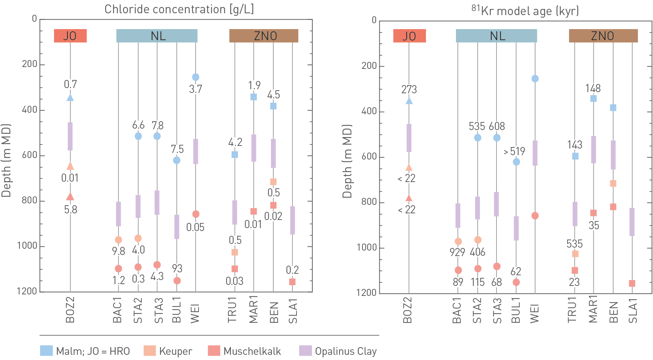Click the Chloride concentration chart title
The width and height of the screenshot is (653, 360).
179,9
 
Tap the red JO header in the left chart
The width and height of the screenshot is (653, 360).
70,36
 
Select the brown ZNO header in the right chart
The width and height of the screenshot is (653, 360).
603,36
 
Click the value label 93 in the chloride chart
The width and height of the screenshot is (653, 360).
177,268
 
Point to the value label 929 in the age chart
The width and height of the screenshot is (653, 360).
457,252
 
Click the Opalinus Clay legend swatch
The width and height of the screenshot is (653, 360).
305,351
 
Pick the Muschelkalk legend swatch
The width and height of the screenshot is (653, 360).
214,351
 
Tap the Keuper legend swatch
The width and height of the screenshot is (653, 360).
150,351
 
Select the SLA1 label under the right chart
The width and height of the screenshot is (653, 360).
633,311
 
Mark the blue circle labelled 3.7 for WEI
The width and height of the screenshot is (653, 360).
196,77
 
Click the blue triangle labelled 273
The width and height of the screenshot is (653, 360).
409,101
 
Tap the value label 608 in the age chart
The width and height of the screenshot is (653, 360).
497,126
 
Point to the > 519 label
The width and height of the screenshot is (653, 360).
514,151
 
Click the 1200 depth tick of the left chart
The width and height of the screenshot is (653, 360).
27,291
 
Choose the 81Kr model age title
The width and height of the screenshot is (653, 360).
525,11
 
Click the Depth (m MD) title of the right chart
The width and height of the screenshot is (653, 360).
347,161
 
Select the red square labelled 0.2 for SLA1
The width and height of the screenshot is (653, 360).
292,282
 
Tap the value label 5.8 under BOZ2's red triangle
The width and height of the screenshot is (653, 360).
71,210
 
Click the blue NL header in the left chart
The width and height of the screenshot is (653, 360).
157,36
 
